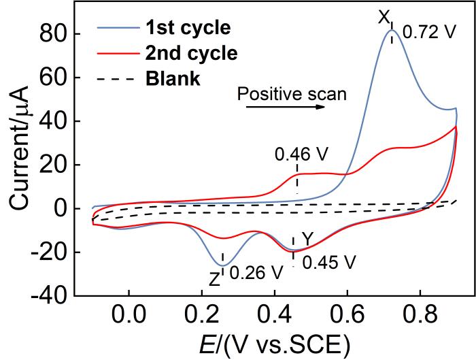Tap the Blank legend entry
tap(173, 78)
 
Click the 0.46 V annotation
tap(301, 154)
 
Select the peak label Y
tap(307, 239)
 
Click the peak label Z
tap(214, 278)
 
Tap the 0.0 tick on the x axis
tap(127, 317)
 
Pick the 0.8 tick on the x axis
tap(420, 317)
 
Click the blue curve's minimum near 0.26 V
tap(222, 265)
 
